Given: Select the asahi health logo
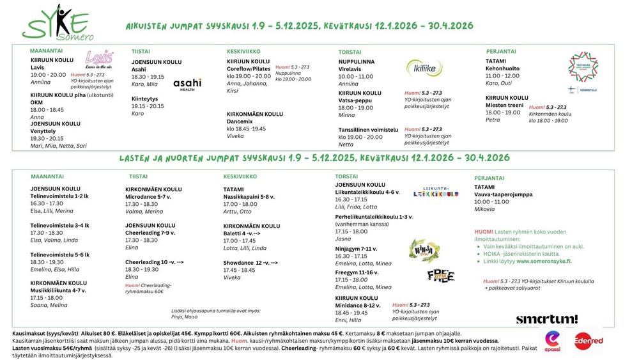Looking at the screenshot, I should coord(187,84).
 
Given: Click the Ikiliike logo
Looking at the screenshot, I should coord(424,67).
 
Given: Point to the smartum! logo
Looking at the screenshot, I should coord(546,318).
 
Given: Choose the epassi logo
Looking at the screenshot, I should coord(552,341).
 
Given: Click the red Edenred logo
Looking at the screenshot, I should coord(588,341).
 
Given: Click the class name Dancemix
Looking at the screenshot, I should coord(241,121).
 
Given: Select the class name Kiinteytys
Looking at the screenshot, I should coord(144,98).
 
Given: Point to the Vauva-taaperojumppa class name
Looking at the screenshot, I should coord(503,194).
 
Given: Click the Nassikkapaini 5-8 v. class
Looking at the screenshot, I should coord(249,197).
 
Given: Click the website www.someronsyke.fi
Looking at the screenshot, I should coord(544,262).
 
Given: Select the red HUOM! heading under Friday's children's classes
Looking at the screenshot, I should coord(484,231).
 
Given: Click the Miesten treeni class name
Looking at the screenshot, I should coord(505,105).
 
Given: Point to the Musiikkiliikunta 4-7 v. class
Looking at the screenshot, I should coord(58,290).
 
